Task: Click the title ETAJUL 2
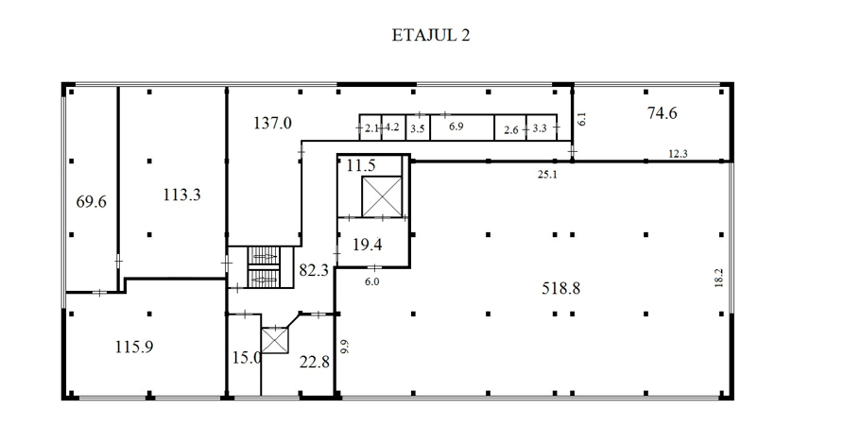point(431,35)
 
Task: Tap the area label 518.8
point(560,288)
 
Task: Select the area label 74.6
point(662,113)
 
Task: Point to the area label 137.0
point(272,123)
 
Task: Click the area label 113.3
point(181,195)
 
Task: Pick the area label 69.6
point(91,202)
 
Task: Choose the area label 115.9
point(134,347)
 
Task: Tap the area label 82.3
point(314,270)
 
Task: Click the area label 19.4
point(367,245)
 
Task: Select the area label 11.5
point(361,165)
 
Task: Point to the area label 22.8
point(314,362)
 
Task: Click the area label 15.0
point(246,358)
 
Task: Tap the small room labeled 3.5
point(418,127)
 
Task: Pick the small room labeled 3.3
point(542,127)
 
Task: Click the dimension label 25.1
point(547,175)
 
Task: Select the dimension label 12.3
point(678,154)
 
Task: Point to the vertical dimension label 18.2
point(719,278)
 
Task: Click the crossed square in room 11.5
point(382,196)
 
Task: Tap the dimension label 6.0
point(371,281)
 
